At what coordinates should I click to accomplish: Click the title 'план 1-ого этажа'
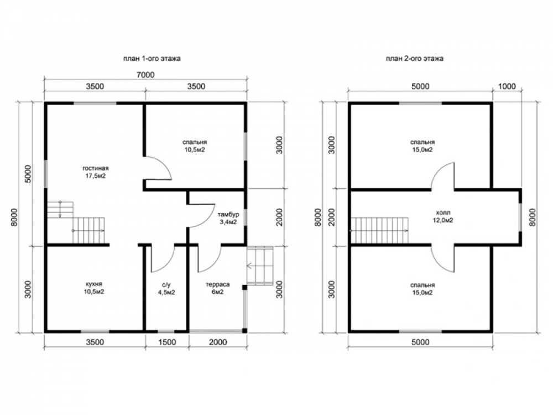(152, 59)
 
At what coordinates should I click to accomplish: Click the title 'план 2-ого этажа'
(414, 59)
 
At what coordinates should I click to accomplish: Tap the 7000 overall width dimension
(145, 75)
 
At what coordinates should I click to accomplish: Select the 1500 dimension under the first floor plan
(167, 342)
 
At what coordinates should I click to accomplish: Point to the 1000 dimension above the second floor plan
(507, 86)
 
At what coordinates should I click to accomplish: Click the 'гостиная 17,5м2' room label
(96, 172)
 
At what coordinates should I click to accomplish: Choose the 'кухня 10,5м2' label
(94, 288)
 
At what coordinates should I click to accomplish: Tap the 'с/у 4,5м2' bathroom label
(166, 288)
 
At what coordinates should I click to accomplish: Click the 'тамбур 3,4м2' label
(228, 218)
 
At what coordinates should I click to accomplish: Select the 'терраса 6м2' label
(217, 288)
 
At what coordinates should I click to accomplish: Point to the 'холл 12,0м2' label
(443, 217)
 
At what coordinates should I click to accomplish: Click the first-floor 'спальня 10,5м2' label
(195, 146)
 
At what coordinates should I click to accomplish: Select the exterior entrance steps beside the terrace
(260, 265)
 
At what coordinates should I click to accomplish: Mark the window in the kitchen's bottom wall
(95, 331)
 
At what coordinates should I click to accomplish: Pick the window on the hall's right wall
(520, 217)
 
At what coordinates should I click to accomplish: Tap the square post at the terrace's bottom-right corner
(244, 331)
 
